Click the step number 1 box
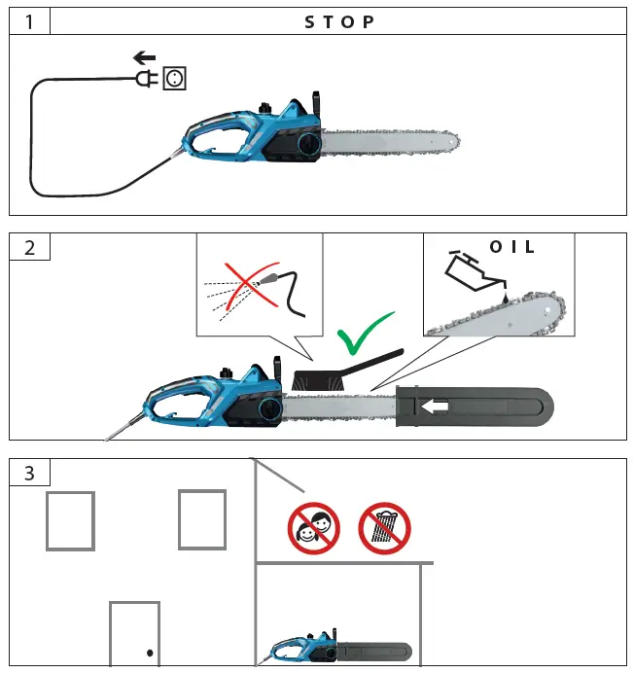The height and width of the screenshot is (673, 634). pyautogui.click(x=29, y=20)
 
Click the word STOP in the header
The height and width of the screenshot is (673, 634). pyautogui.click(x=339, y=20)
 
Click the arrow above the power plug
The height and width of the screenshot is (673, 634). pyautogui.click(x=145, y=58)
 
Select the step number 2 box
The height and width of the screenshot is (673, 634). pyautogui.click(x=29, y=246)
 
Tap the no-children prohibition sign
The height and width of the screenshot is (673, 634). pyautogui.click(x=312, y=529)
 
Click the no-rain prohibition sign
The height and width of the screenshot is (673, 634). pyautogui.click(x=384, y=528)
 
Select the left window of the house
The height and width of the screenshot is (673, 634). pyautogui.click(x=70, y=520)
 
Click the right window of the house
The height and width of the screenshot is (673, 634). pyautogui.click(x=201, y=519)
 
